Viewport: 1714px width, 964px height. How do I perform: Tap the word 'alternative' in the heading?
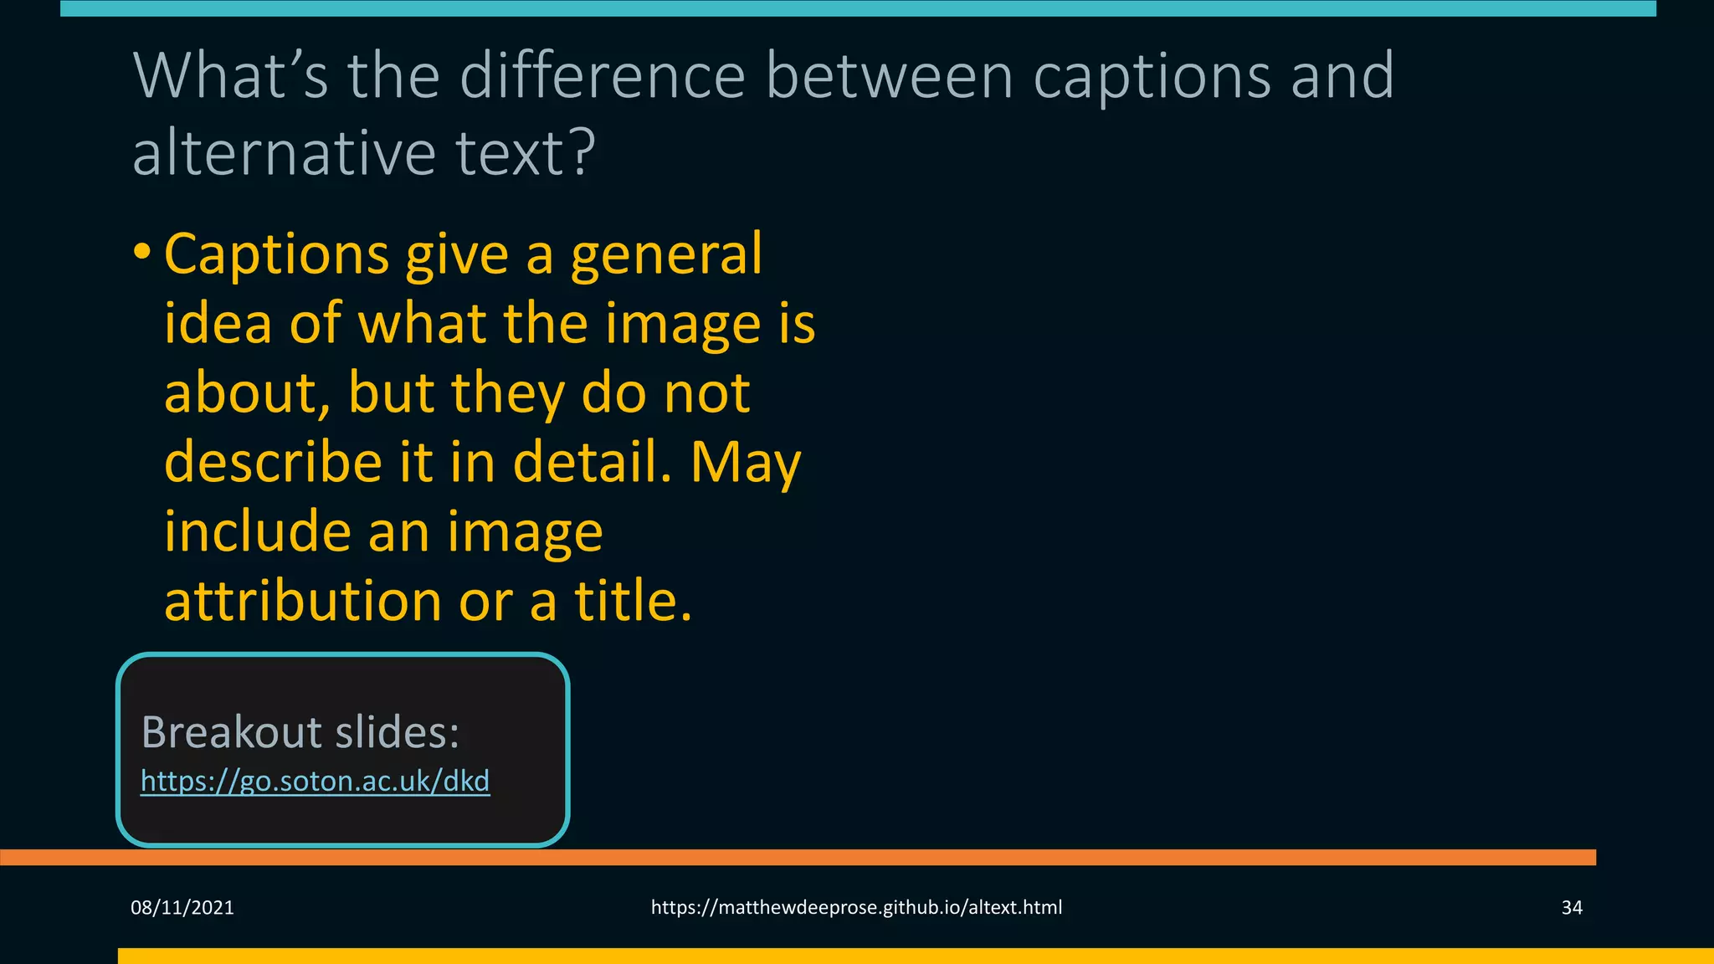284,153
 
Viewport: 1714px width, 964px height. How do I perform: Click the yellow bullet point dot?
142,251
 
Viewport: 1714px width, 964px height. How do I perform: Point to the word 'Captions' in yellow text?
276,254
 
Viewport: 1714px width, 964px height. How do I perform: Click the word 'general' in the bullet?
666,254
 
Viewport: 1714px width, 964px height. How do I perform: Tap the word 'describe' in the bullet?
273,463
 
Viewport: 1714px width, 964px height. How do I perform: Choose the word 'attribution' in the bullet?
302,602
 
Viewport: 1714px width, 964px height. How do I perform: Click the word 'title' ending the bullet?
632,602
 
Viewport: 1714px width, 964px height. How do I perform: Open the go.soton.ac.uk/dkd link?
315,781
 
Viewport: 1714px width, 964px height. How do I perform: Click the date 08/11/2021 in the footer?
182,908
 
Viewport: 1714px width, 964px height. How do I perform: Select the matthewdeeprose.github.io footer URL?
856,908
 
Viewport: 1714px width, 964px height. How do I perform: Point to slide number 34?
1572,908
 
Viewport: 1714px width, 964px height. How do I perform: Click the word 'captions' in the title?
1152,77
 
